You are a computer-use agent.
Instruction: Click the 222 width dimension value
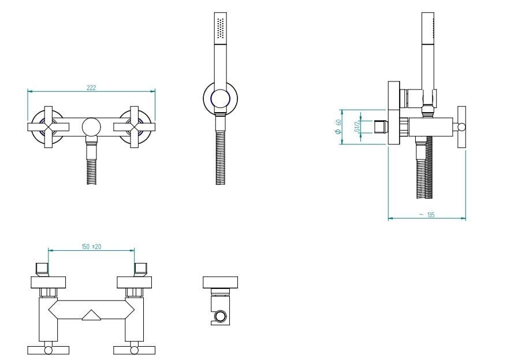tap(91, 87)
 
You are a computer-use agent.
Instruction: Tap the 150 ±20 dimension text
tap(91, 247)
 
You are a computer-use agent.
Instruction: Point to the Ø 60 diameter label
tap(338, 127)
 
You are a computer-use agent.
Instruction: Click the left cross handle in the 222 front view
tap(49, 127)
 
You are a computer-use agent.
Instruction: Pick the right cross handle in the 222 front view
tap(135, 127)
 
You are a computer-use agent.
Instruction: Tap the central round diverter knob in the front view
tap(91, 127)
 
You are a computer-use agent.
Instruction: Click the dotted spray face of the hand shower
tap(221, 28)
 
